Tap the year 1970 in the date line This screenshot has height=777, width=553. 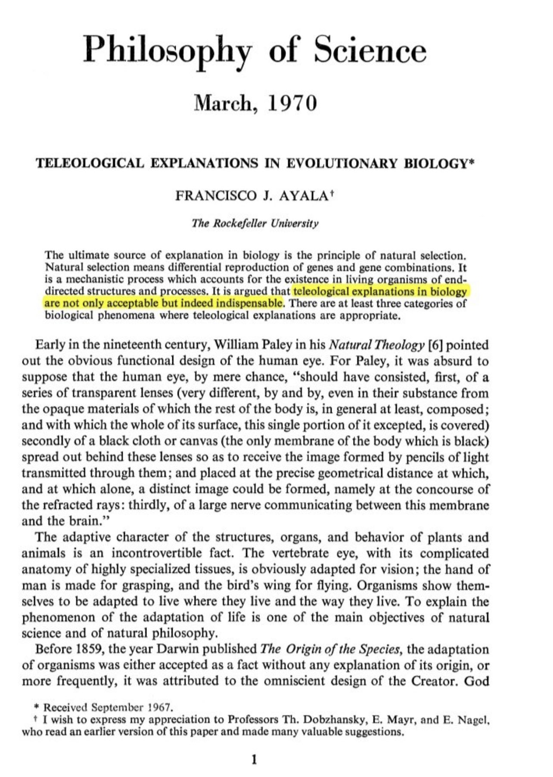coord(292,103)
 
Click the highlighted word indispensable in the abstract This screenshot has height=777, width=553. coord(249,303)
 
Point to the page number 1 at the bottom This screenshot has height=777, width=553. coord(254,760)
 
